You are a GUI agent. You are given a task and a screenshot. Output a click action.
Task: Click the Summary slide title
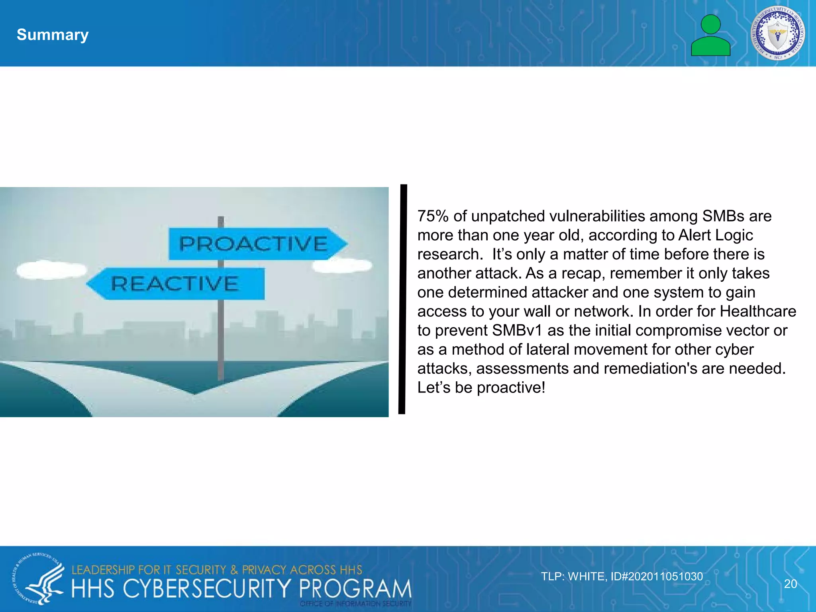click(53, 35)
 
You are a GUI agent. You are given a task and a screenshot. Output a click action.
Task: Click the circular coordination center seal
click(777, 33)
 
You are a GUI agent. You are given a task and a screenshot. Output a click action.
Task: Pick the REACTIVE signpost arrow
click(176, 283)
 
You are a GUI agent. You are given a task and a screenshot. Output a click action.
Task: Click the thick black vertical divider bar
click(403, 299)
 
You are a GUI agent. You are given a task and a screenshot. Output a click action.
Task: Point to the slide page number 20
click(790, 584)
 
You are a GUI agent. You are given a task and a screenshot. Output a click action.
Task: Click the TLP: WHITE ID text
click(622, 577)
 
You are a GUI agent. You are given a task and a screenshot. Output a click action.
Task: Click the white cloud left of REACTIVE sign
click(51, 270)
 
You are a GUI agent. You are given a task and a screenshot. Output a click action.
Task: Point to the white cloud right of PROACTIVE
click(342, 265)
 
